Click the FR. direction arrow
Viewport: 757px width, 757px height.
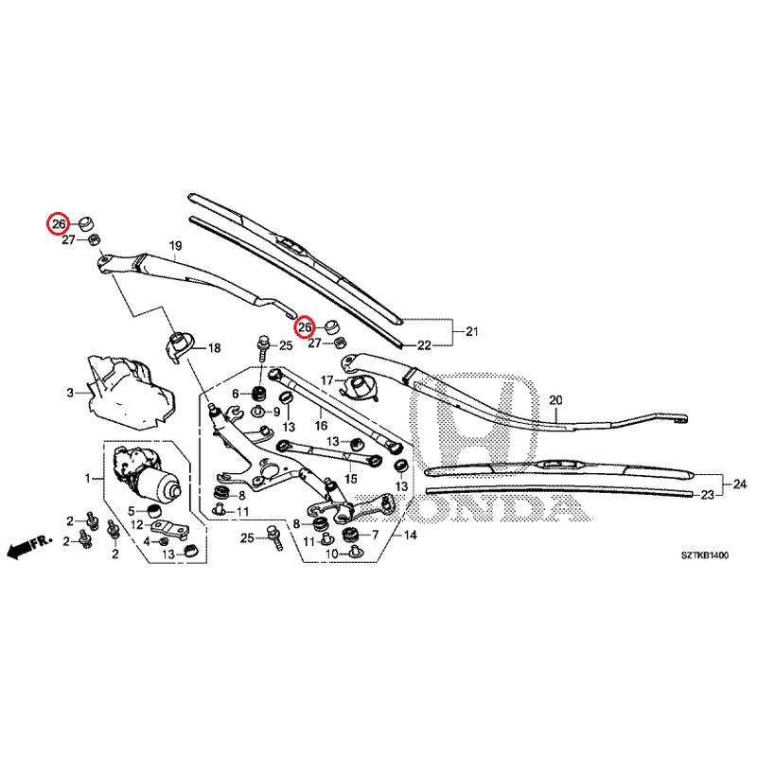pos(27,548)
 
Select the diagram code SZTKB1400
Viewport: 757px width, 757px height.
pos(703,557)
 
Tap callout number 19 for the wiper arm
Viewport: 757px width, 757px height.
pos(174,247)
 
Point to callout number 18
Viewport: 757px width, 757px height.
pos(214,348)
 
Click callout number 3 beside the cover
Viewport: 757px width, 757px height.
pos(69,392)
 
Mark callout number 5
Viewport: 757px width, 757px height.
pos(132,511)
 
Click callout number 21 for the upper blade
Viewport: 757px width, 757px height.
pos(472,330)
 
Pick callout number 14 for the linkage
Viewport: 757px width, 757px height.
pos(410,535)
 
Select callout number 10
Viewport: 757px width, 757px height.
pos(331,553)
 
